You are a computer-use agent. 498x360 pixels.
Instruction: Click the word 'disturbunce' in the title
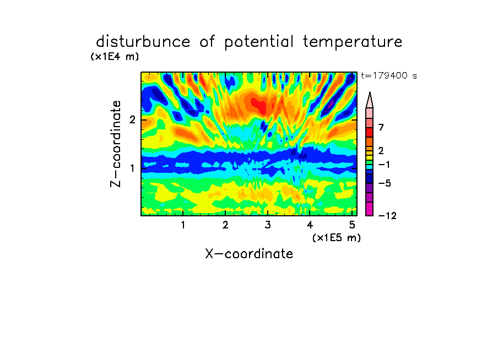click(x=143, y=42)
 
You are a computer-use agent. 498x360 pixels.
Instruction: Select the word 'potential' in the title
click(x=259, y=42)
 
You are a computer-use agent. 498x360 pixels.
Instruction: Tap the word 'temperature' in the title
click(x=353, y=42)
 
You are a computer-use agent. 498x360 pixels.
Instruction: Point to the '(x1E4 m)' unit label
click(x=115, y=57)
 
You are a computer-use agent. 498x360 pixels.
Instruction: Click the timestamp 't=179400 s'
click(x=389, y=75)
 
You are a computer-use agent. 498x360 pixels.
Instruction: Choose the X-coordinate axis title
click(x=249, y=254)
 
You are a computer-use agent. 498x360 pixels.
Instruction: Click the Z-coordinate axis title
click(x=116, y=144)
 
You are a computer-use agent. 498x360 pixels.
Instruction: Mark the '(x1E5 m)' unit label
click(x=337, y=237)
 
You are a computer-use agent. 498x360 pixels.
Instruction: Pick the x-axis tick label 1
click(x=183, y=225)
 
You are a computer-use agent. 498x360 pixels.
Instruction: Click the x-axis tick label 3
click(x=268, y=225)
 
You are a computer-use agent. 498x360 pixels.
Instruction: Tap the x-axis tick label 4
click(x=310, y=225)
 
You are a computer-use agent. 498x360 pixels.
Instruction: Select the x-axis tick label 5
click(x=352, y=225)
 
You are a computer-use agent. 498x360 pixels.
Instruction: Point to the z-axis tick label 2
click(x=132, y=120)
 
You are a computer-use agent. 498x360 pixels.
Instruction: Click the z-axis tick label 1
click(x=132, y=168)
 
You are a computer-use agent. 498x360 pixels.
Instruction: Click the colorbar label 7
click(x=381, y=128)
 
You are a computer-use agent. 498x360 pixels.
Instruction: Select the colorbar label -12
click(x=387, y=216)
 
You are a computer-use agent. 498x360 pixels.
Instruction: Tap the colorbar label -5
click(x=385, y=183)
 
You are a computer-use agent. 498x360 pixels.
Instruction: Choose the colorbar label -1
click(x=384, y=165)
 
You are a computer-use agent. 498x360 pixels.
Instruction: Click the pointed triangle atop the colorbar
click(x=370, y=100)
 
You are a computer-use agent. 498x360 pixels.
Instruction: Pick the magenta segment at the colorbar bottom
click(x=370, y=209)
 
